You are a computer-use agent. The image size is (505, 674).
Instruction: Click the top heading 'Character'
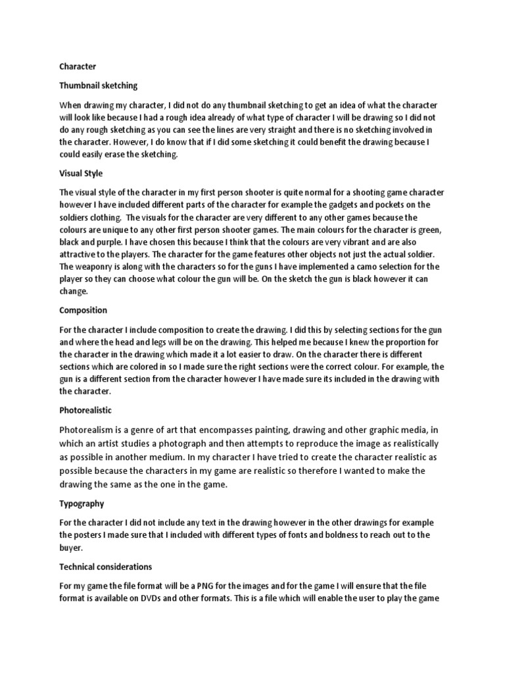(x=78, y=66)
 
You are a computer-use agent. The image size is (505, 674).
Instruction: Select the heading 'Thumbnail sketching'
(x=98, y=86)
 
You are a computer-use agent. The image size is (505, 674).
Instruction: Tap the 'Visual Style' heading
(x=81, y=174)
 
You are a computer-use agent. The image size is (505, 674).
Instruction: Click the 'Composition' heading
(x=83, y=310)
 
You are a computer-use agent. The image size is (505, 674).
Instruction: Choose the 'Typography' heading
(x=82, y=503)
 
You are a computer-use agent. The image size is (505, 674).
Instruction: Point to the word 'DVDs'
(x=164, y=598)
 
